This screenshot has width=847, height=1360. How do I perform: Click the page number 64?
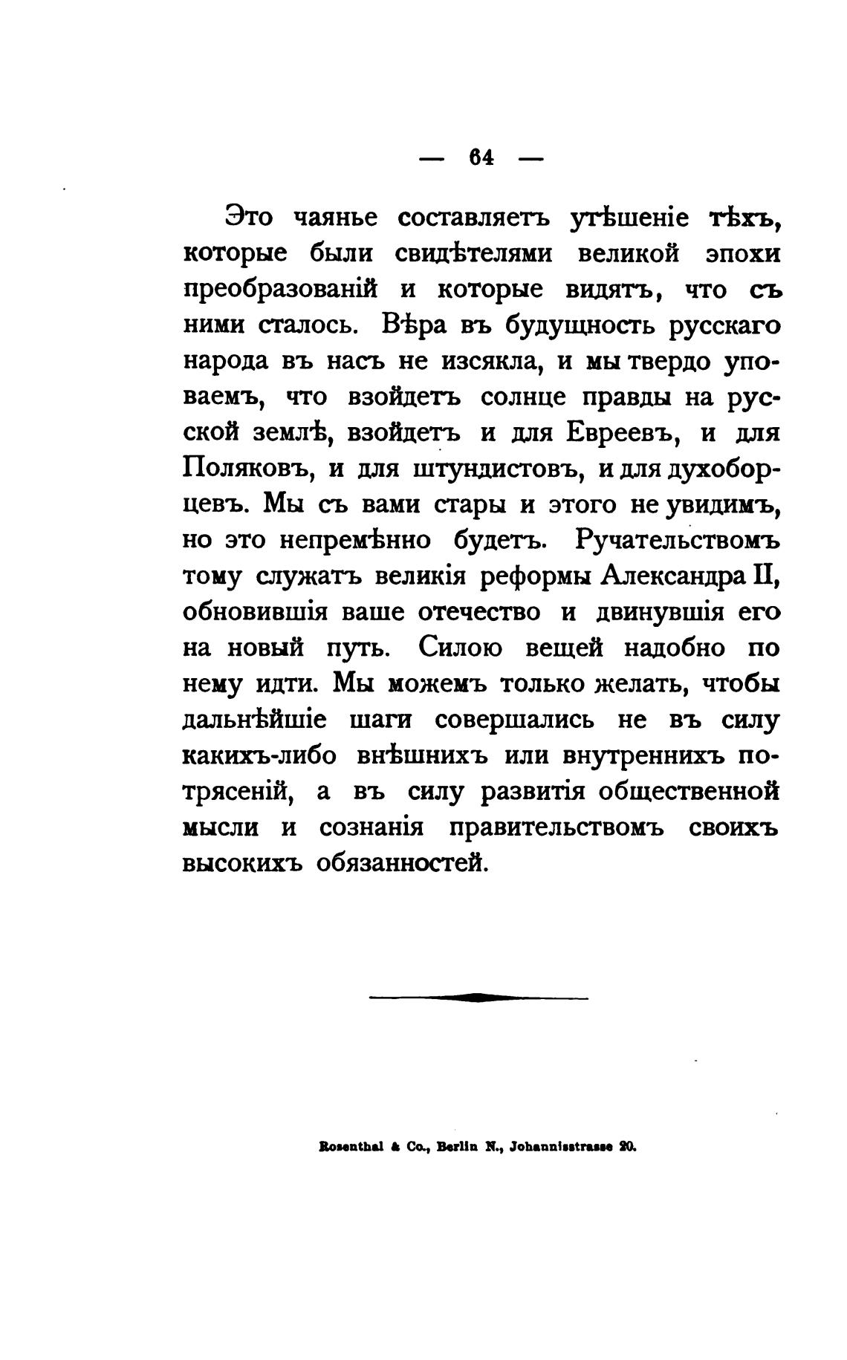[482, 158]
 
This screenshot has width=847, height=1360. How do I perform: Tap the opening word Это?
[249, 218]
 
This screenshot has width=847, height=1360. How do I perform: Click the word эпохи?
[742, 253]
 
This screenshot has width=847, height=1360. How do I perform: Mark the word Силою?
[460, 648]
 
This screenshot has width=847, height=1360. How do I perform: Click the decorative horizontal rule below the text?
[478, 998]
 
